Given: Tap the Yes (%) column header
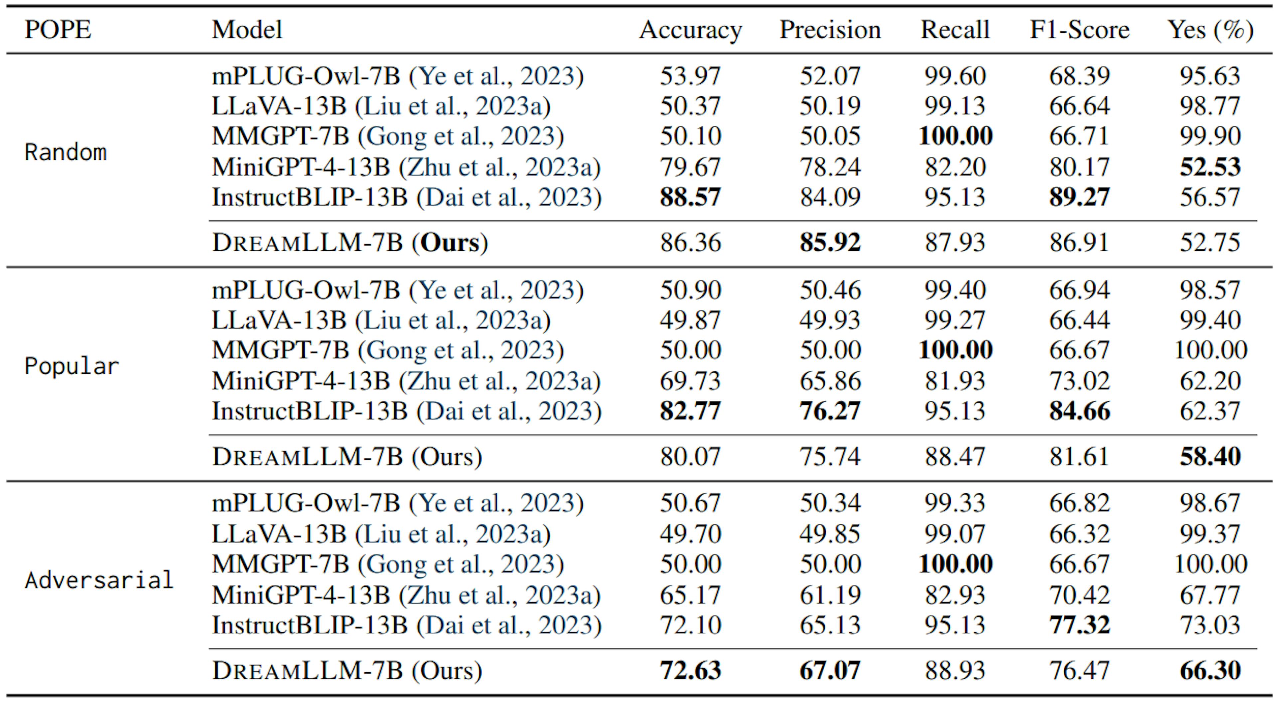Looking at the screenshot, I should coord(1210,30).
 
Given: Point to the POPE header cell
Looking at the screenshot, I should coord(58,30).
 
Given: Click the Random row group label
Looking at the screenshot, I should coord(66,152).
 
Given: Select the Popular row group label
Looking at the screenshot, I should coord(72,366).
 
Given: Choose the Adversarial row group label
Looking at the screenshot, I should coord(99,580).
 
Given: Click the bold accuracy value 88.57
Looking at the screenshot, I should coord(690,197).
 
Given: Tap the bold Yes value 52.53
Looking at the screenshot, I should coord(1210,167).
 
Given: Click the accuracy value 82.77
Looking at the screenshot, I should coord(690,411).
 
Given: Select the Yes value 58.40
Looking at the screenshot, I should coord(1210,457).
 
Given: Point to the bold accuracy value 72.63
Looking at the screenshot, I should coord(690,670).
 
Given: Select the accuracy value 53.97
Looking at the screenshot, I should coord(690,76).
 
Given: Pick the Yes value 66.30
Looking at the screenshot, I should coord(1210,670).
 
